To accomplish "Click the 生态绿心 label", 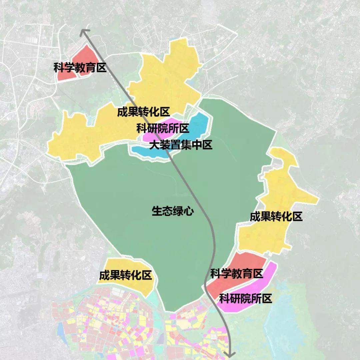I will pyautogui.click(x=172, y=211).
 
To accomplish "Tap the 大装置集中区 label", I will pyautogui.click(x=180, y=145).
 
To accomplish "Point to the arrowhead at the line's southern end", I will pyautogui.click(x=229, y=354).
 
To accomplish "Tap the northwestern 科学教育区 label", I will pyautogui.click(x=80, y=68).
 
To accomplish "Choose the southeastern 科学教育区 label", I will pyautogui.click(x=237, y=274).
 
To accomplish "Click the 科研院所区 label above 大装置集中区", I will pyautogui.click(x=163, y=128).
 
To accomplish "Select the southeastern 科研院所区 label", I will pyautogui.click(x=245, y=298).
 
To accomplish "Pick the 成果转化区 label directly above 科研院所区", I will pyautogui.click(x=143, y=112).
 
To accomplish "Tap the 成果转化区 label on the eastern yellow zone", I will pyautogui.click(x=276, y=217).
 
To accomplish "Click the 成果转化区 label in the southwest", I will pyautogui.click(x=125, y=275).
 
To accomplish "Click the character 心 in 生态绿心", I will pyautogui.click(x=189, y=211).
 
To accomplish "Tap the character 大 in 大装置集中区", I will pyautogui.click(x=154, y=145).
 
